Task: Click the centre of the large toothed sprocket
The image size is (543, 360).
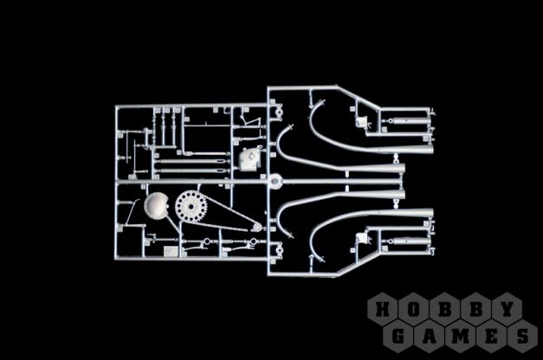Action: [191, 207]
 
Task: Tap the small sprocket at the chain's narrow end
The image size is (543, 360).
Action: [256, 228]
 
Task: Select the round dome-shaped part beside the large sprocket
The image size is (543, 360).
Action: [156, 205]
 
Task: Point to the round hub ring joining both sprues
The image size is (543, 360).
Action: [275, 181]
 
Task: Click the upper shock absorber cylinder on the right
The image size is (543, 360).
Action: [410, 121]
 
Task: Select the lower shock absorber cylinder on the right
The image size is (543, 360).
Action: [410, 241]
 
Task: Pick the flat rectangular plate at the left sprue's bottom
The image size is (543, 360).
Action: [171, 251]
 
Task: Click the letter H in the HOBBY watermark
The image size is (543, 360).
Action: [383, 309]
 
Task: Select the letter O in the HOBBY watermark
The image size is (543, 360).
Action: [413, 309]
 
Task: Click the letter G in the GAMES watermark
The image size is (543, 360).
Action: [398, 336]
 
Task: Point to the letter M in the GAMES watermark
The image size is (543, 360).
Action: [460, 336]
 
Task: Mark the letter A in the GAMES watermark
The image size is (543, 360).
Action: [429, 336]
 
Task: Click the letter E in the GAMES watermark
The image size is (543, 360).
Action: [491, 336]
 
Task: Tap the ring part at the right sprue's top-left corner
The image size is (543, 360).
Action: [279, 111]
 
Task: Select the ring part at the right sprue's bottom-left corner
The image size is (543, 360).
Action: [279, 251]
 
